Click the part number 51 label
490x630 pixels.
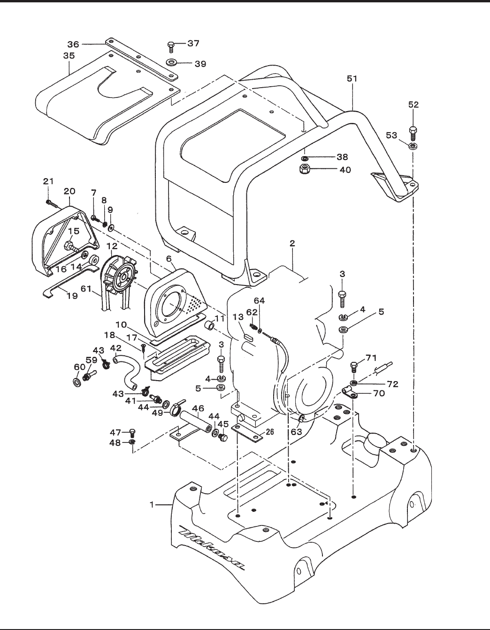(352, 79)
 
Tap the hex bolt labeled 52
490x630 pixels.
(413, 134)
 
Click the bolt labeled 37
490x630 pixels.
(171, 47)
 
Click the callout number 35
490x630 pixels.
(69, 55)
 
